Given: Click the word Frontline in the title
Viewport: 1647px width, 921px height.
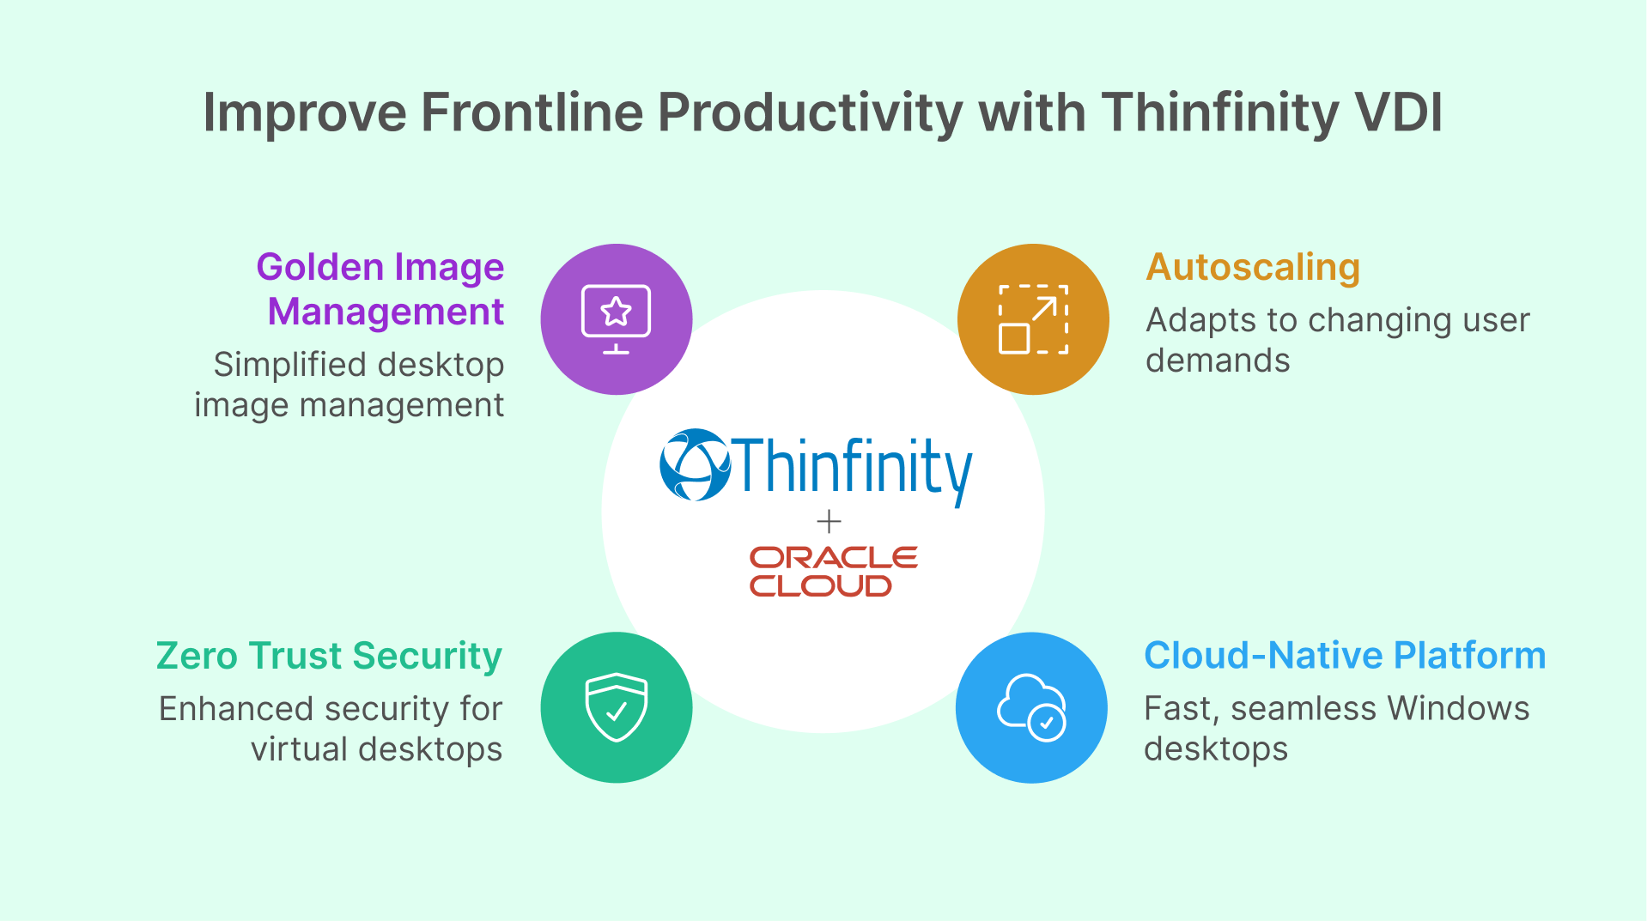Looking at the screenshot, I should point(532,112).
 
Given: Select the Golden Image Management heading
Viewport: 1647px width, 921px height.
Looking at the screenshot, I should point(381,289).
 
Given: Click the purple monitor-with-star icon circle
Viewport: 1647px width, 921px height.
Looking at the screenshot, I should point(617,319).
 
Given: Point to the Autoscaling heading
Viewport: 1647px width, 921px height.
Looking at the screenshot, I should point(1253,267).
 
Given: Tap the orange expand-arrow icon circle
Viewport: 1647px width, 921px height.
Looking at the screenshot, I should point(1033,319).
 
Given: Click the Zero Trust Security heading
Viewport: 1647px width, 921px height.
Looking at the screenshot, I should point(329,656).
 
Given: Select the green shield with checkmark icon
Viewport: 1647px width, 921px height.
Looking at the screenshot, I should point(617,707).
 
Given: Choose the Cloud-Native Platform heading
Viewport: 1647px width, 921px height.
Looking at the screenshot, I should point(1344,656).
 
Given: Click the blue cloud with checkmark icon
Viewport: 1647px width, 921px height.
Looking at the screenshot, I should point(1031,707).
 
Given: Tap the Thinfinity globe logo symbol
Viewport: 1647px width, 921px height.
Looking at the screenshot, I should point(695,464).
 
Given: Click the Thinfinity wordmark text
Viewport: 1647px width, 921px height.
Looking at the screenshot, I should point(853,468).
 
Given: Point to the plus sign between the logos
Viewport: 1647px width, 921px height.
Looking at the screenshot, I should point(829,521).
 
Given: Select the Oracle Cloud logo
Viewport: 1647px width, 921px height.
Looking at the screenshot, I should point(832,572).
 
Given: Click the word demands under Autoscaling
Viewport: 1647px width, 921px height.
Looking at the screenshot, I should point(1218,361).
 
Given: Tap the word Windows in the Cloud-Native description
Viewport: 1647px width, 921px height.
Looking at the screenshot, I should point(1458,709).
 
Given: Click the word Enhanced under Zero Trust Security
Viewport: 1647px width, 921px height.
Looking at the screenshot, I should point(236,709).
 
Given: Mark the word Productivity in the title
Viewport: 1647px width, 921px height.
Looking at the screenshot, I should point(810,112).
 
